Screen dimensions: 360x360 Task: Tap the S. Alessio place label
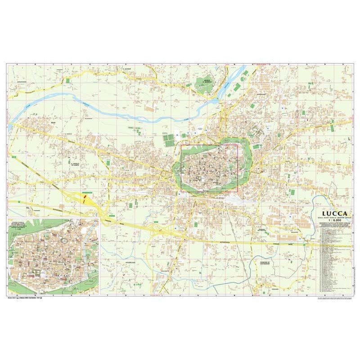pos(126,69)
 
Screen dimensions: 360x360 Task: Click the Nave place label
pos(53,122)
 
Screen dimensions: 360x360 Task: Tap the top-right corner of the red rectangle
pos(237,145)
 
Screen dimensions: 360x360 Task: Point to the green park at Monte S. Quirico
pos(206,85)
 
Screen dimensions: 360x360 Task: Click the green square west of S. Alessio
pos(68,80)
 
